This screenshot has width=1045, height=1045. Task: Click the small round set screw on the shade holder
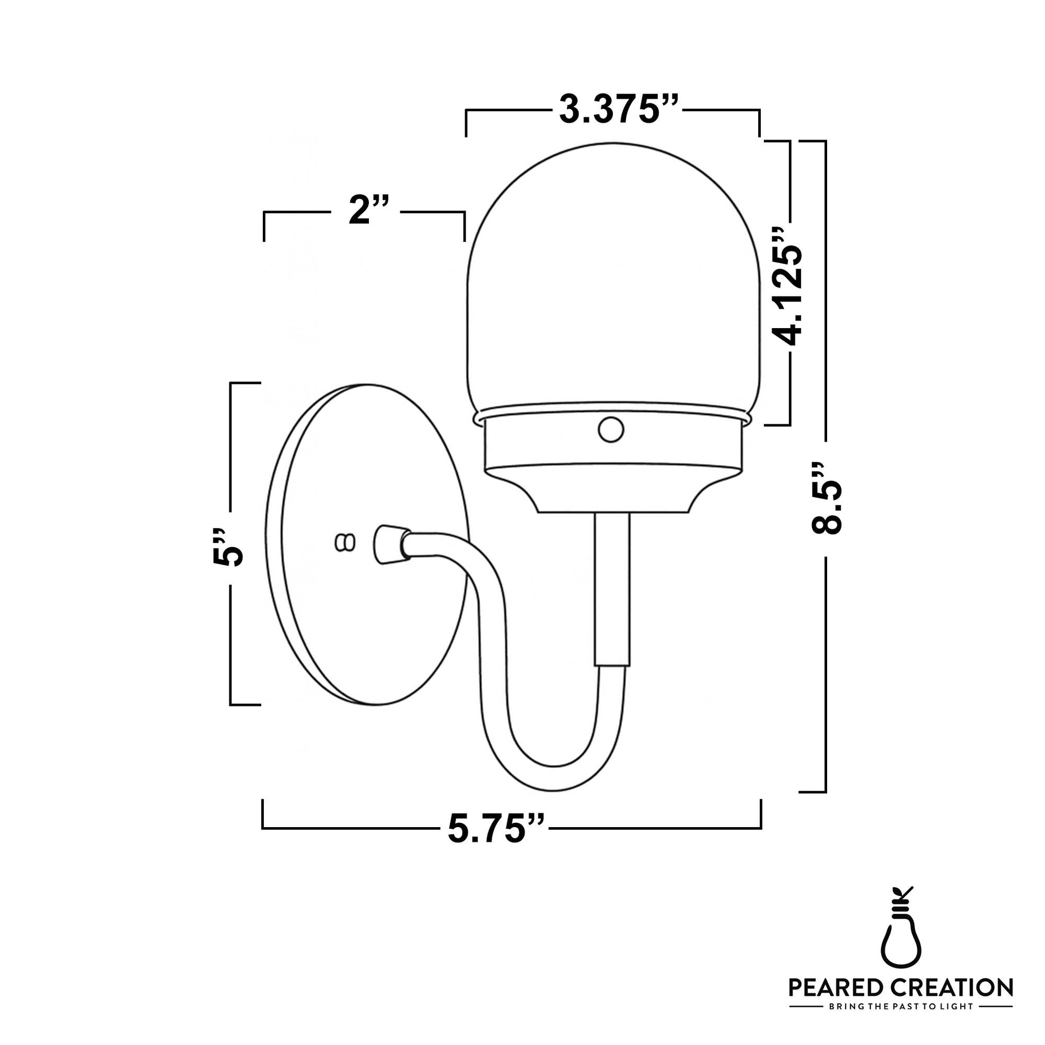(x=611, y=430)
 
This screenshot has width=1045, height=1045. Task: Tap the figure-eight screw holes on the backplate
(x=345, y=542)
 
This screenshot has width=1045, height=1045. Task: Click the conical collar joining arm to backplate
(x=389, y=544)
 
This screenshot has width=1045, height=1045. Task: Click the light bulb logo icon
(x=901, y=931)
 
